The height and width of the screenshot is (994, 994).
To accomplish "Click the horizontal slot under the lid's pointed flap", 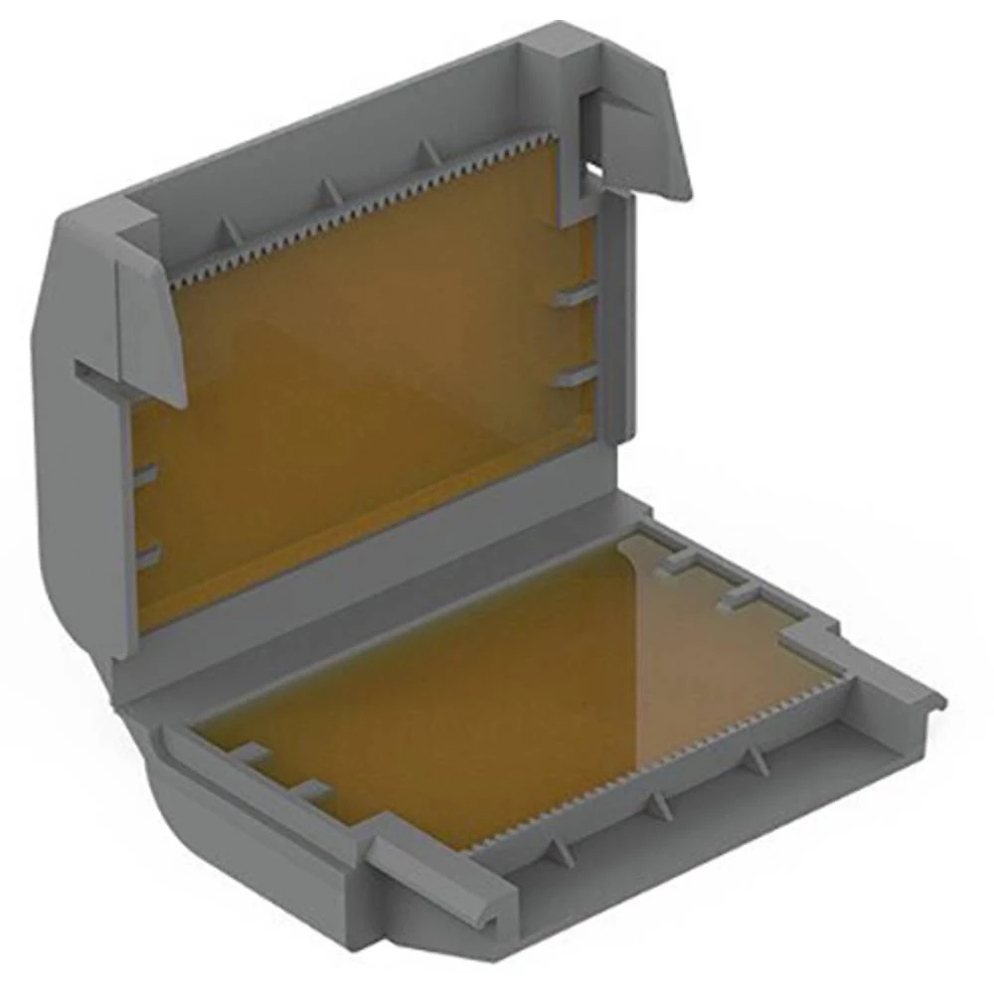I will (99, 378).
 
